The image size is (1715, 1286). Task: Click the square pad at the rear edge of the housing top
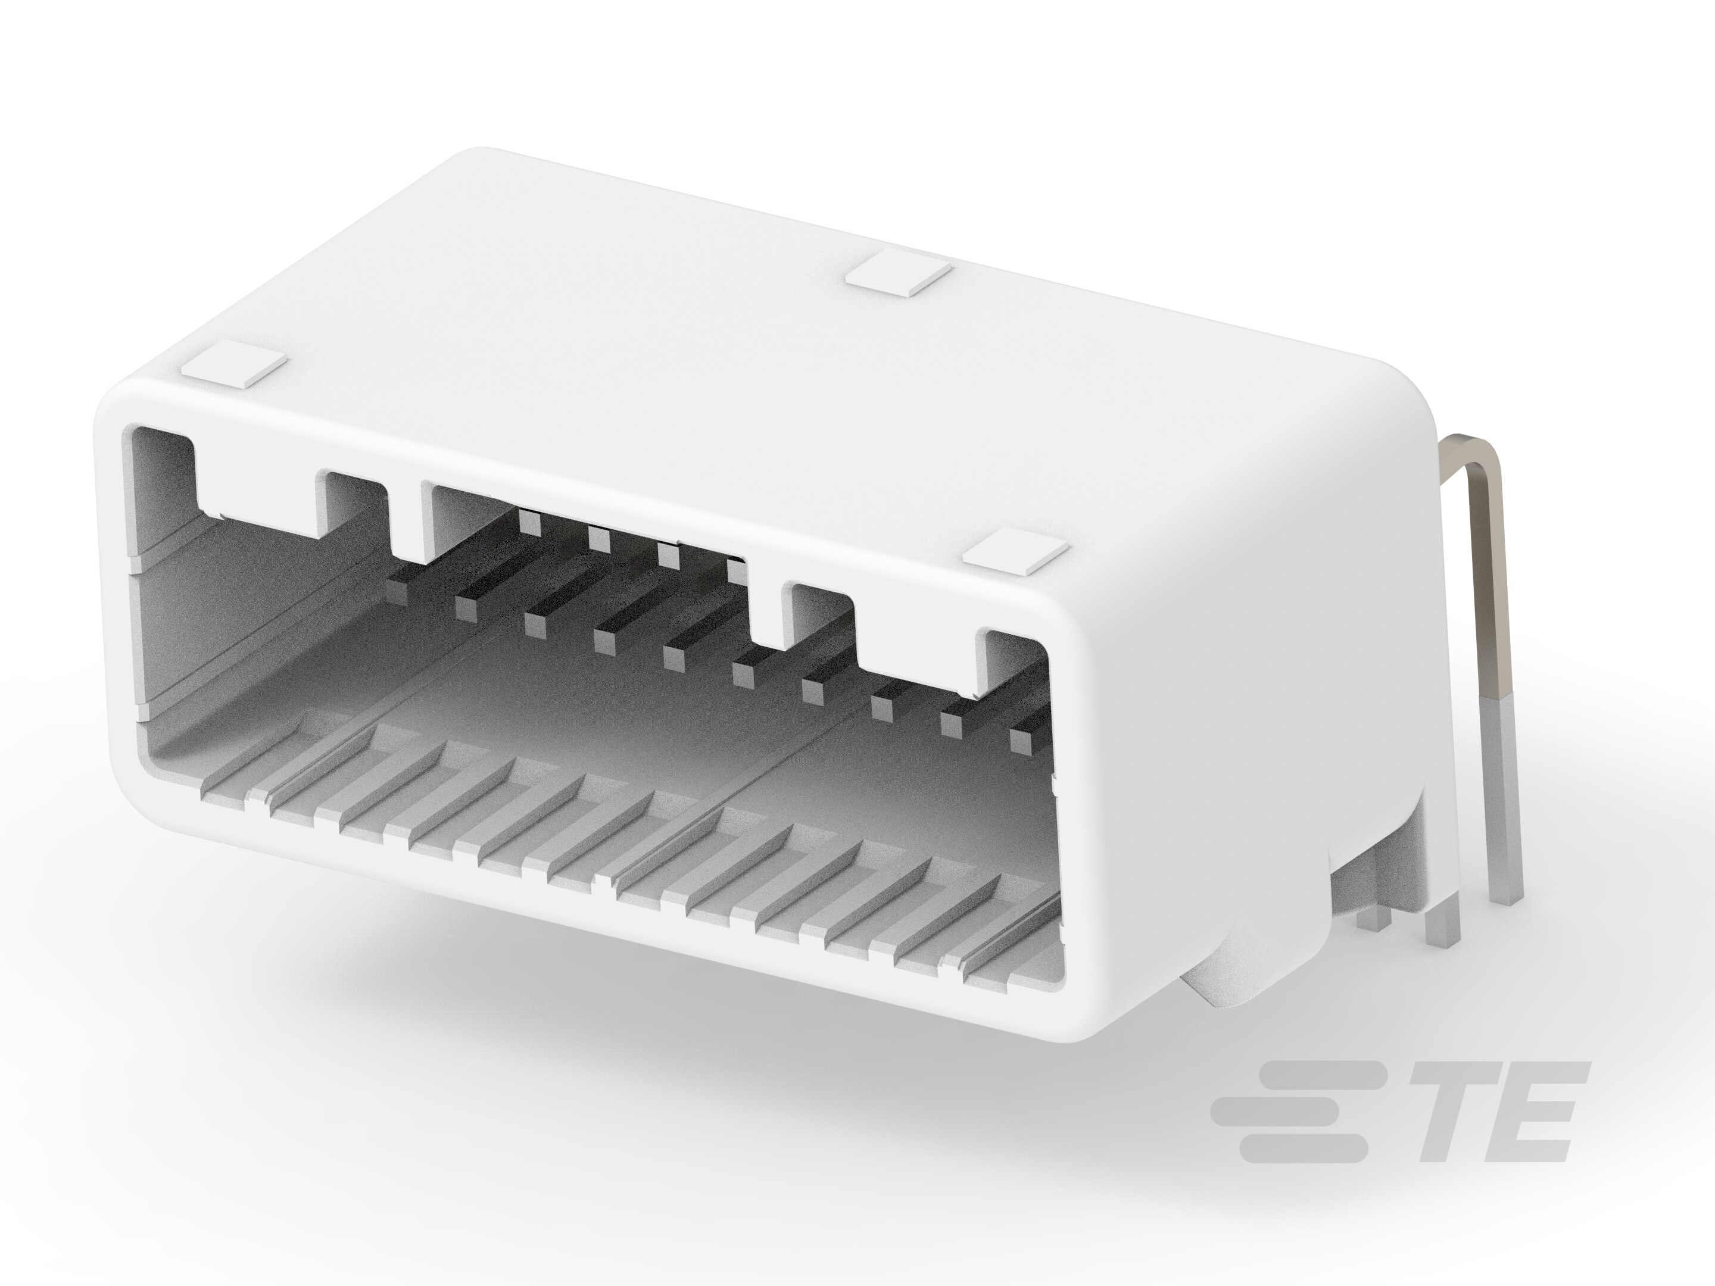coord(899,277)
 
